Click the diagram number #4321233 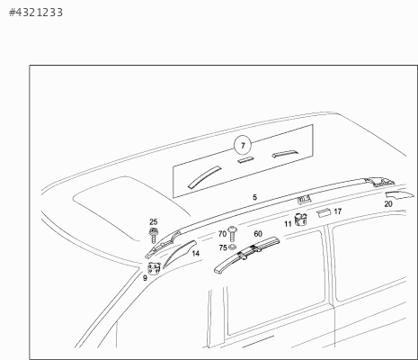point(36,13)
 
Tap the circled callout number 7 point(243,146)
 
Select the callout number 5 point(254,197)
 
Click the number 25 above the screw point(153,222)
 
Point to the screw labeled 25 point(154,235)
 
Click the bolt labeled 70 point(232,234)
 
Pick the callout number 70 point(222,234)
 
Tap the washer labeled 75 point(232,247)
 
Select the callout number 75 point(223,247)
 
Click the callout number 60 point(258,234)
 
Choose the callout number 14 point(195,254)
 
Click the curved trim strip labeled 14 point(179,253)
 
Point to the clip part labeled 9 point(154,268)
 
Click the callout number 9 point(145,278)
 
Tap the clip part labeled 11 point(300,220)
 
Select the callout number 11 point(288,224)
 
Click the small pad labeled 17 point(324,212)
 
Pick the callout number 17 point(338,211)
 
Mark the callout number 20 point(388,204)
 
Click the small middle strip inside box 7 point(245,160)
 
